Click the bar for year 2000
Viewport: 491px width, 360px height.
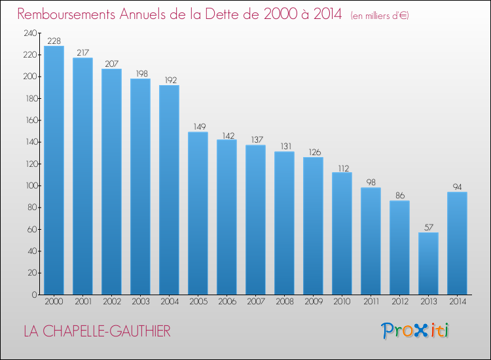[x=54, y=170]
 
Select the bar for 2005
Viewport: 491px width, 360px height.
[x=198, y=213]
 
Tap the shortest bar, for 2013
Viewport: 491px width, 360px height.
[x=428, y=264]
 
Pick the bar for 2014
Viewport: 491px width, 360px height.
[x=457, y=243]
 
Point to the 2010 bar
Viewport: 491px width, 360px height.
[x=342, y=234]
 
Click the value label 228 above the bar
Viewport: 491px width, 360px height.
[x=54, y=41]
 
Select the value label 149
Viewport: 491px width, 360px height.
[x=200, y=126]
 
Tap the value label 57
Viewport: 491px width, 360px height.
[x=429, y=227]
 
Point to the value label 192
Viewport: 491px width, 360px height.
[x=171, y=80]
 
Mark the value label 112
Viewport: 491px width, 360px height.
[x=344, y=168]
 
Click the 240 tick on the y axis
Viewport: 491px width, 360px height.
[x=30, y=33]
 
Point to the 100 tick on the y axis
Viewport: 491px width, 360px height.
[x=31, y=186]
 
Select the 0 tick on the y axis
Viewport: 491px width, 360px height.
[x=35, y=295]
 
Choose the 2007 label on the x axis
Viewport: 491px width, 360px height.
[x=256, y=302]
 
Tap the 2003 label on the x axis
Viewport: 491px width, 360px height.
[x=141, y=302]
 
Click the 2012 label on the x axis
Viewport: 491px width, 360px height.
[x=400, y=302]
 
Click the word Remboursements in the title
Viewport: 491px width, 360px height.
[x=66, y=14]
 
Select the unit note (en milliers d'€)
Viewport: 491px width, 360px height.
[x=380, y=16]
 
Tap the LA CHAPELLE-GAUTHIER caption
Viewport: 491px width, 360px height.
[x=97, y=331]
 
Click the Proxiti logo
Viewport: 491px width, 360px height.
[x=415, y=331]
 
